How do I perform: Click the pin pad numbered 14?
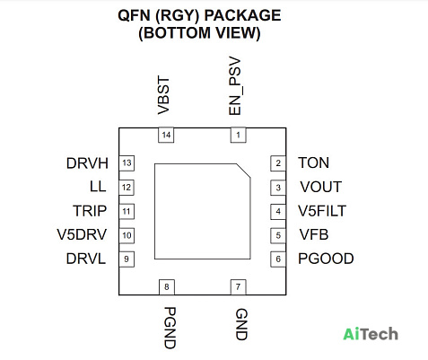pyautogui.click(x=166, y=135)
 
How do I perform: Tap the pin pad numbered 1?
pyautogui.click(x=238, y=135)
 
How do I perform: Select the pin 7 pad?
pyautogui.click(x=238, y=287)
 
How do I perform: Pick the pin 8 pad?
pyautogui.click(x=167, y=287)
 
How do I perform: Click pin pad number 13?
pyautogui.click(x=127, y=163)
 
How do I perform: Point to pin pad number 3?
pyautogui.click(x=278, y=188)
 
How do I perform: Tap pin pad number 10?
pyautogui.click(x=127, y=235)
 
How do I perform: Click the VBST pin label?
pyautogui.click(x=163, y=96)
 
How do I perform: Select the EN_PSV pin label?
pyautogui.click(x=235, y=87)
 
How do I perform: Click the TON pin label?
pyautogui.click(x=314, y=163)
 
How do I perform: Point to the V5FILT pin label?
pyautogui.click(x=322, y=211)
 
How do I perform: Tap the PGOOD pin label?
pyautogui.click(x=326, y=259)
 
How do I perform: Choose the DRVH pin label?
pyautogui.click(x=87, y=163)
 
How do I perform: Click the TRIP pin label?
pyautogui.click(x=90, y=211)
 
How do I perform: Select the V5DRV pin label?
pyautogui.click(x=82, y=234)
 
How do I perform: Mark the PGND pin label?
pyautogui.click(x=170, y=328)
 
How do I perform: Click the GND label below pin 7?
pyautogui.click(x=241, y=325)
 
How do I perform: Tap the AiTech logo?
pyautogui.click(x=371, y=334)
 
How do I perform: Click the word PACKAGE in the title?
pyautogui.click(x=242, y=15)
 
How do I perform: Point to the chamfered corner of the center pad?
pyautogui.click(x=243, y=171)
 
